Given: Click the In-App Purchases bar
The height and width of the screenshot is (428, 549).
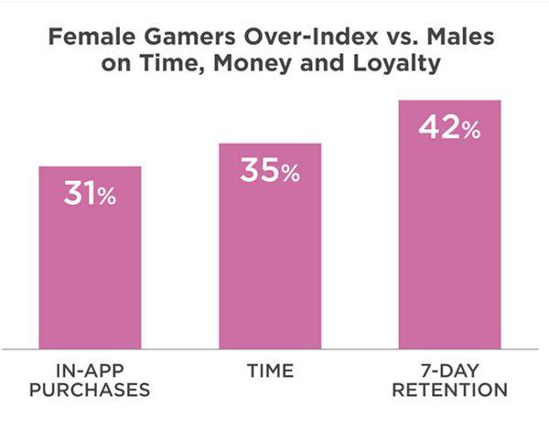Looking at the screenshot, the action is click(90, 258).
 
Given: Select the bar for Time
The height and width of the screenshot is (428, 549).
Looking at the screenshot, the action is click(270, 246).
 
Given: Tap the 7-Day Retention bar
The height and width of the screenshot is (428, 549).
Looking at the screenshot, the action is click(449, 225).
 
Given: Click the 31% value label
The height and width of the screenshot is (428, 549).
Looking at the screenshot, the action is click(90, 193).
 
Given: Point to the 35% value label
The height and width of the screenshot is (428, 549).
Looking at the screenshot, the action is click(270, 170).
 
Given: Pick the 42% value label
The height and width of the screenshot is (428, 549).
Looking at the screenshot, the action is click(449, 127).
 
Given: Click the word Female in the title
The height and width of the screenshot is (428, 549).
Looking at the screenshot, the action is click(91, 37).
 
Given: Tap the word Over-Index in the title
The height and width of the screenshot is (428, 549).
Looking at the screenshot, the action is click(311, 37).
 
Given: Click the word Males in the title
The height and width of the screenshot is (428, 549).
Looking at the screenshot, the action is click(460, 37).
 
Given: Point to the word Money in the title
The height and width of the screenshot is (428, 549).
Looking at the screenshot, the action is click(253, 63).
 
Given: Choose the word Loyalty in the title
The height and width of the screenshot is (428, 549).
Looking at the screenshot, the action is click(397, 63).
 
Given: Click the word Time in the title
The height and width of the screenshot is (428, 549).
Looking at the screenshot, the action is click(172, 64).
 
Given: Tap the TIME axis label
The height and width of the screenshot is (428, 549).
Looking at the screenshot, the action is click(270, 371).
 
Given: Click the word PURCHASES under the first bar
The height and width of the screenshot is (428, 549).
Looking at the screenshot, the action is click(90, 390).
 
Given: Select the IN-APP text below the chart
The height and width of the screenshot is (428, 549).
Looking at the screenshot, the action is click(90, 371).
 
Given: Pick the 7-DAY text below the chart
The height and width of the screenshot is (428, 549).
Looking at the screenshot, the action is click(449, 371).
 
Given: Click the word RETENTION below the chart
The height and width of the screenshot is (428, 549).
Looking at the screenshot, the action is click(449, 390).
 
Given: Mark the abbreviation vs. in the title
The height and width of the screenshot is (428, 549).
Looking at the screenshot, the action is click(403, 37).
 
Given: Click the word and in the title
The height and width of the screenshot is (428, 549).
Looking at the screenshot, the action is click(322, 63).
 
